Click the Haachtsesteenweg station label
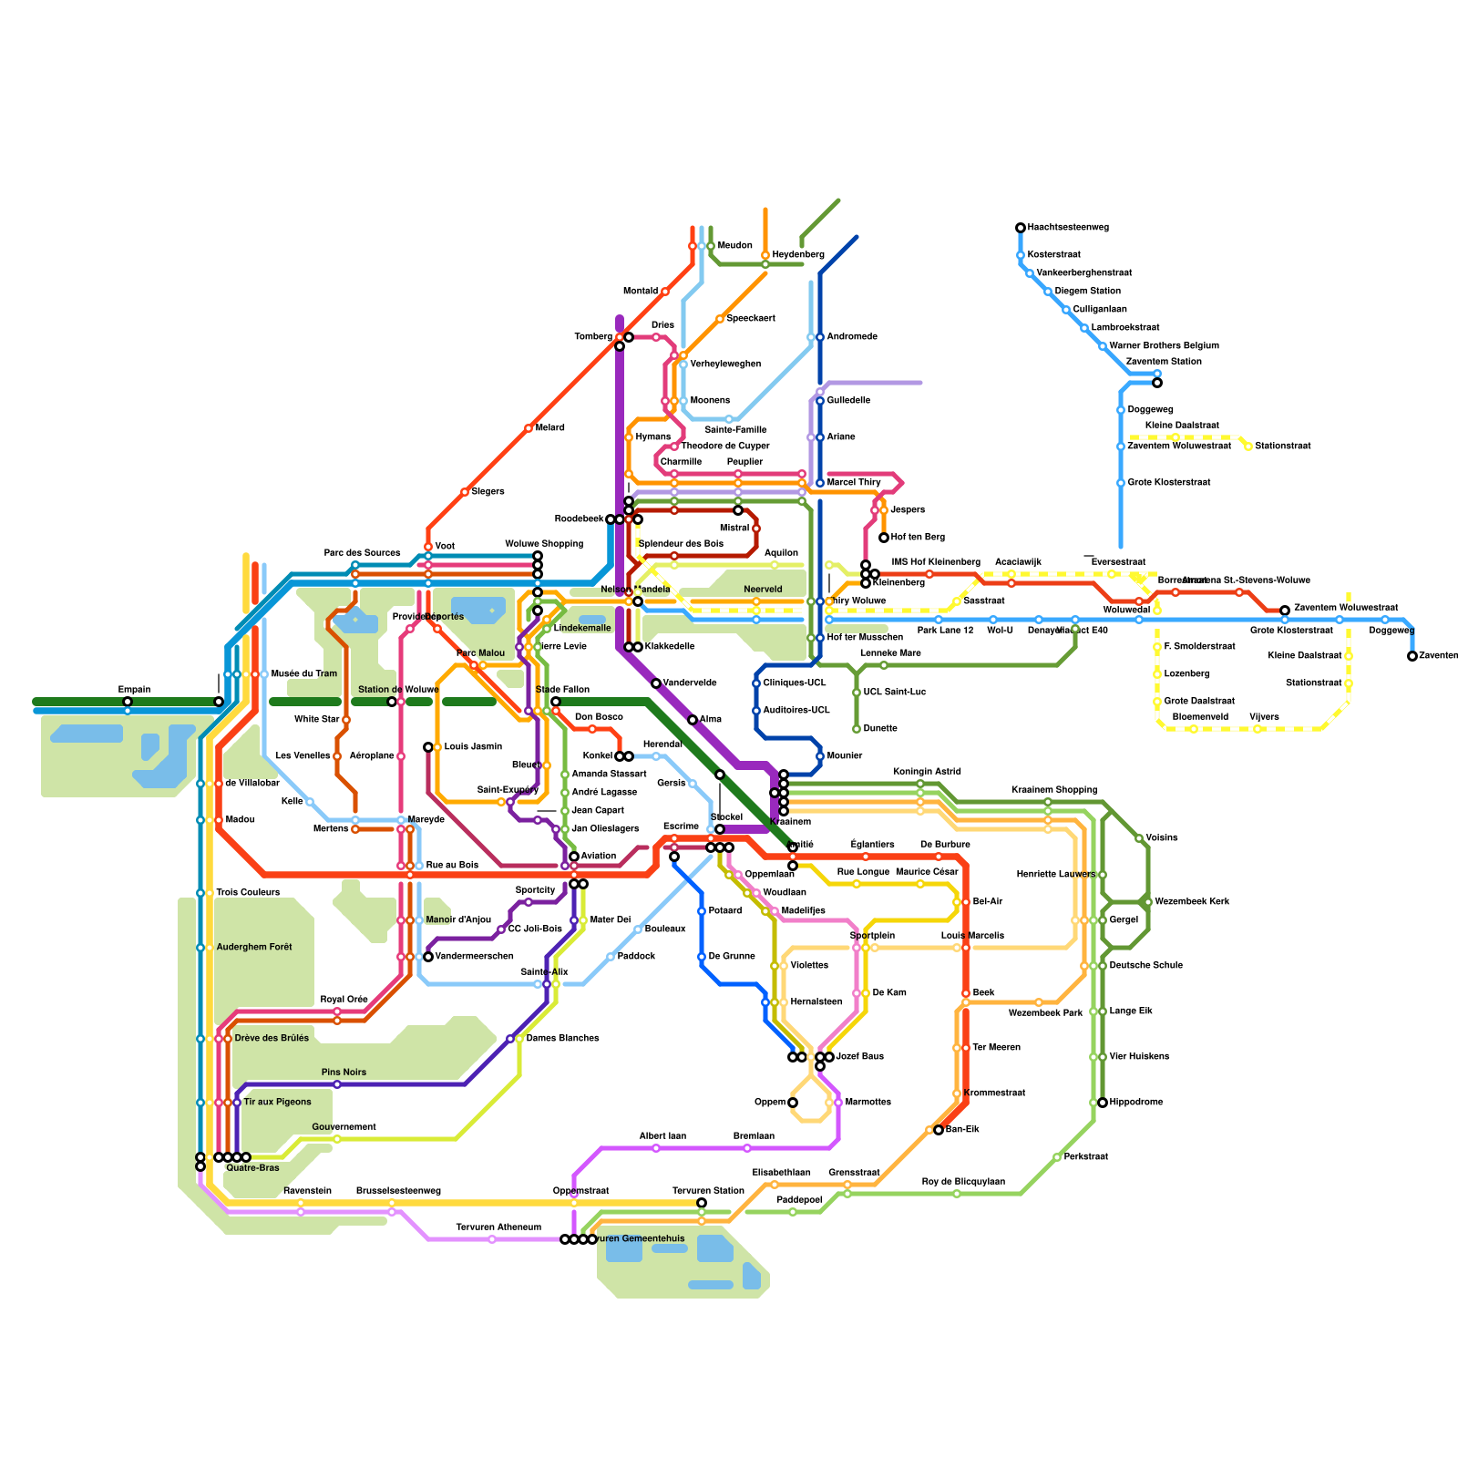[1068, 228]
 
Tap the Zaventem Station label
[1164, 362]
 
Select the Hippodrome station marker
[1103, 1103]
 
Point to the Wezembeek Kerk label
[1192, 902]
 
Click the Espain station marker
[128, 702]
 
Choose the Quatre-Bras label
[252, 1168]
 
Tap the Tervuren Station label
[708, 1191]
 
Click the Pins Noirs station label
[344, 1073]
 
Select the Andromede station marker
[820, 337]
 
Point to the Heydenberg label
[798, 255]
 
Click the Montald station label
[641, 292]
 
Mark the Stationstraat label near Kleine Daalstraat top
[1283, 447]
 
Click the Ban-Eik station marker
[939, 1130]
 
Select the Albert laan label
[662, 1136]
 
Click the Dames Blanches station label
[562, 1039]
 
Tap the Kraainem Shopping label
[1054, 790]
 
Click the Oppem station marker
[793, 1103]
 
